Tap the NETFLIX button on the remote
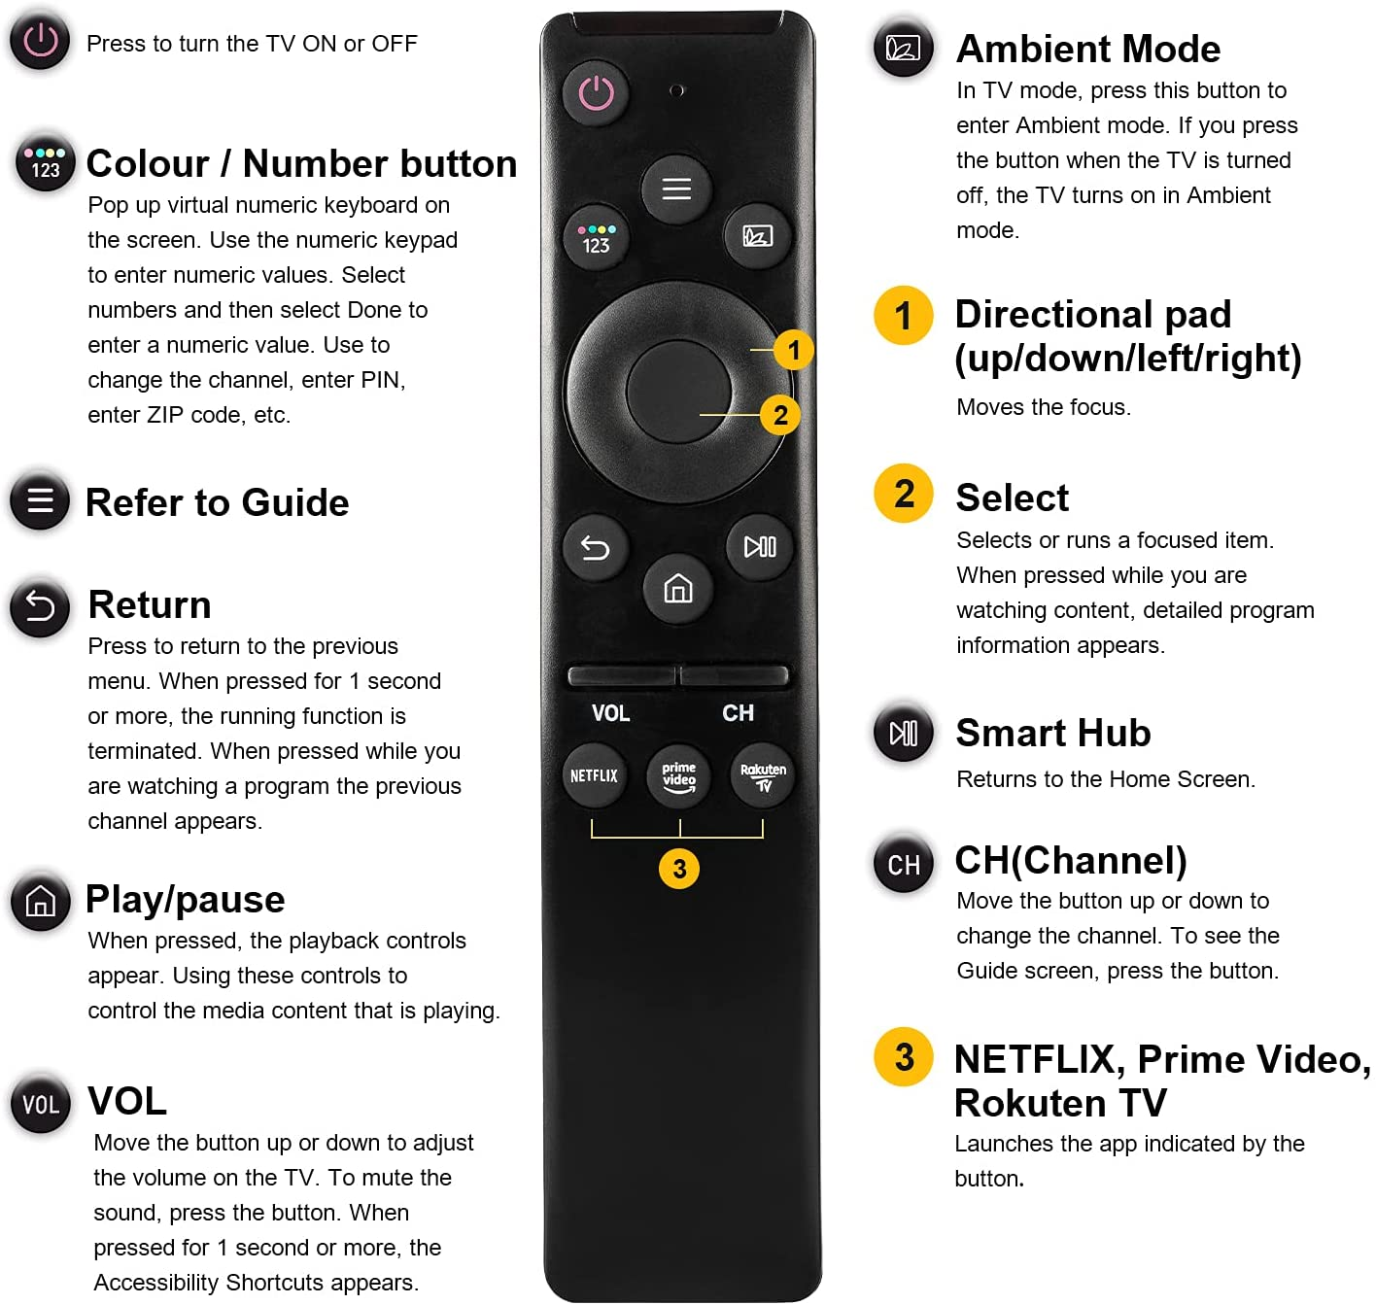(594, 775)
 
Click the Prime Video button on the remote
(678, 775)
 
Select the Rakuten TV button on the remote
(762, 775)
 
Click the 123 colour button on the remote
(596, 239)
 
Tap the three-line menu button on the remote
(676, 189)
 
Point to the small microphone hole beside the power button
(676, 90)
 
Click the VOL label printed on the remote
(610, 712)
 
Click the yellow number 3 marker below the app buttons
(678, 868)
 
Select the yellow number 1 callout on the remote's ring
(793, 350)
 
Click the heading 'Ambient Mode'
(1087, 49)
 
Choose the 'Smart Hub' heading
(1052, 733)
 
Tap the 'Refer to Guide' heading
(217, 502)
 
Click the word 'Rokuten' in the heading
(1029, 1103)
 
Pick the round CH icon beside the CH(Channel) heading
(904, 865)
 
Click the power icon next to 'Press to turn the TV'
(40, 40)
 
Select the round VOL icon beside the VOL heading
(41, 1104)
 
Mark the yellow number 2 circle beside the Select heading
(904, 493)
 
